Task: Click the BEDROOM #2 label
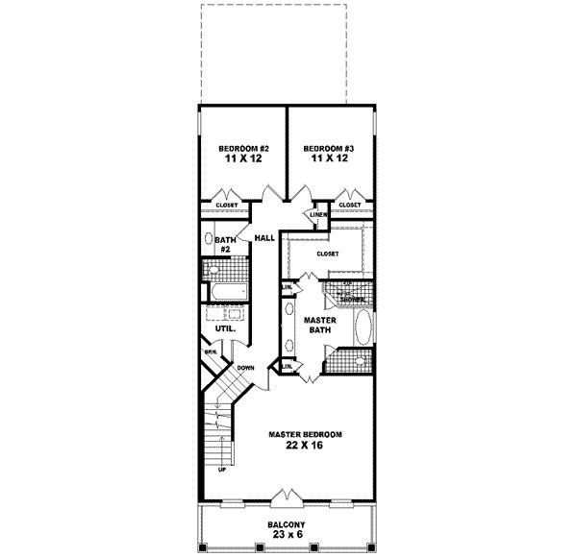click(242, 148)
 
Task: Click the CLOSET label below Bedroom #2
click(227, 205)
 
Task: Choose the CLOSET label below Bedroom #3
click(350, 205)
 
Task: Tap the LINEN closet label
click(317, 214)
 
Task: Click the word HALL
click(264, 237)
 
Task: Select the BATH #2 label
click(224, 244)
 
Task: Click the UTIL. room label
click(225, 327)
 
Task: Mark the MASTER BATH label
click(318, 324)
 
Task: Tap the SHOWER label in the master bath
click(351, 300)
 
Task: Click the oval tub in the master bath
click(362, 327)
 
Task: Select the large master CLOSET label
click(329, 254)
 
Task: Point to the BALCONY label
click(287, 525)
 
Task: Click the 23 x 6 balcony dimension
click(287, 537)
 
